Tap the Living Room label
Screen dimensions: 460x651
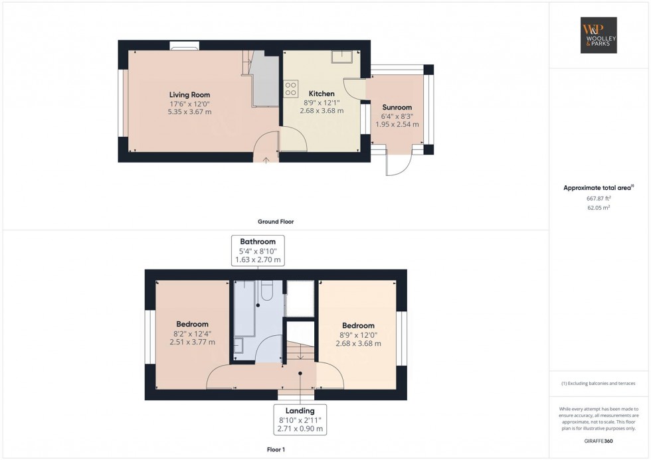click(189, 95)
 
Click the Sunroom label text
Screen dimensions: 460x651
click(397, 107)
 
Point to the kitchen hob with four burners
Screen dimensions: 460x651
click(291, 89)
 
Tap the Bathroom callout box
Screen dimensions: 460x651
click(258, 250)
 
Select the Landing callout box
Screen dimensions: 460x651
click(302, 419)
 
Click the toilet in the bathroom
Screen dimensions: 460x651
click(268, 290)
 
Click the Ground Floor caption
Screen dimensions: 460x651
click(276, 222)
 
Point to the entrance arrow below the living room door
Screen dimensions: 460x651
click(266, 159)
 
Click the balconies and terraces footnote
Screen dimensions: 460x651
click(599, 384)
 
